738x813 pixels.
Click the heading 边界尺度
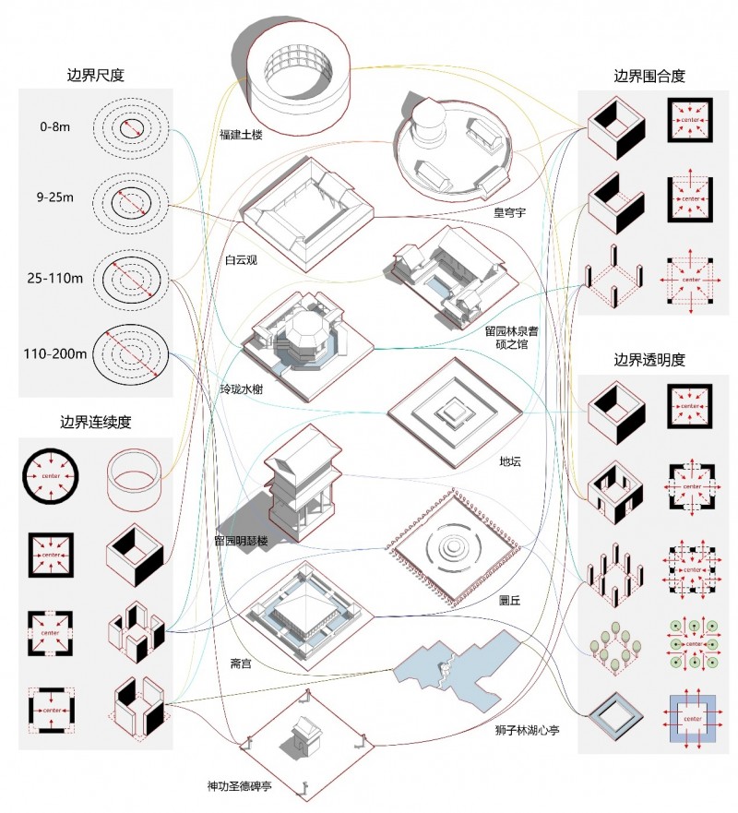95,76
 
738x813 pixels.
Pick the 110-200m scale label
54,353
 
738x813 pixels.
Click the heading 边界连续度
95,423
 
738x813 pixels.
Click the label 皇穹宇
509,212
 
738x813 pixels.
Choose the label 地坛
507,460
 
